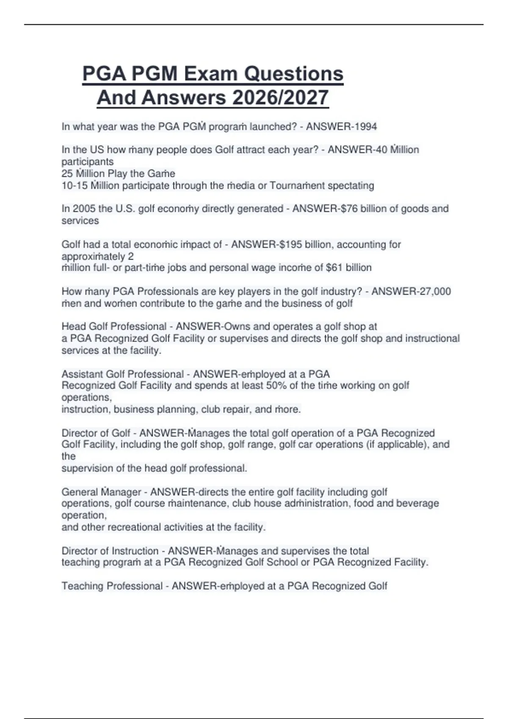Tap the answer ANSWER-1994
coord(341,126)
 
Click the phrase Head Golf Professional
coord(114,327)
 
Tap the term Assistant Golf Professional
coord(123,374)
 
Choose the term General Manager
coord(101,492)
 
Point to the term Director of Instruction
coord(110,551)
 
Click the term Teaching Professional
coord(112,586)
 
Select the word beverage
coord(418,503)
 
